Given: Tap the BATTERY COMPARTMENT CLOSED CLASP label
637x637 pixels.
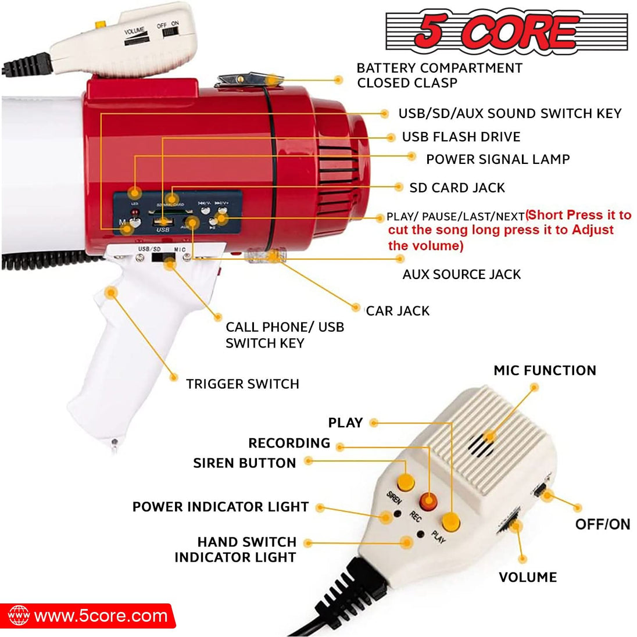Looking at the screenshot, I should coord(439,76).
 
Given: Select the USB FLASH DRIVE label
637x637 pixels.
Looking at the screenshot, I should coord(461,137).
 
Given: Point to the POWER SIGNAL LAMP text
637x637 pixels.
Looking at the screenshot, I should coord(498,159).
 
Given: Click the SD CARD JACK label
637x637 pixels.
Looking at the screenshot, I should coord(457,188).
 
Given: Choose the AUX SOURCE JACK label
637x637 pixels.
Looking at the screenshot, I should coord(461,274).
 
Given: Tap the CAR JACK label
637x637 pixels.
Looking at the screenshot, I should coord(398,311).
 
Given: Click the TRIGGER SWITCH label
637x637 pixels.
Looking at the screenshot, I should coord(242,384).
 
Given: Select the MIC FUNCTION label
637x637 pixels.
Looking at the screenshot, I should coord(545,371).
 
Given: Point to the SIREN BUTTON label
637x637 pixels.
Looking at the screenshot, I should coord(244,463).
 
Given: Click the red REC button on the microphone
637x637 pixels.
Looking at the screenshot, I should coord(429,501).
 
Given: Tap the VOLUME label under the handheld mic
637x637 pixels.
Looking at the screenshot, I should coord(527,577).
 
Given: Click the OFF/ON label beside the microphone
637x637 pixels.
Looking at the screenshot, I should coord(602,524).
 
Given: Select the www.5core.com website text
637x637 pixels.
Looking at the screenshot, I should coord(101,616).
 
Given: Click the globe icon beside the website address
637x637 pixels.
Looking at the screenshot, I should coord(19,616).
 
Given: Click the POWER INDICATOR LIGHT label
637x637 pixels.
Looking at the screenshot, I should coord(220,507).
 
